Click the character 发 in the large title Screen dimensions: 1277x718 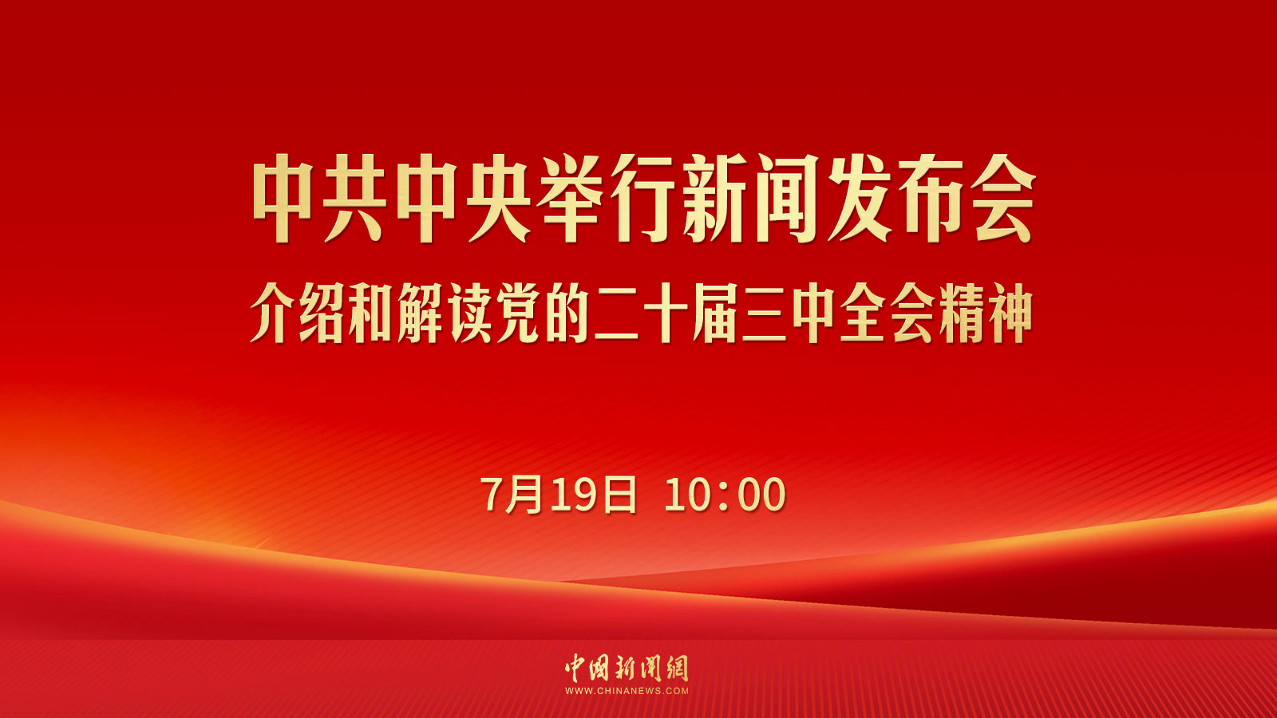[x=859, y=199]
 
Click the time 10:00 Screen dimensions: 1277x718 [x=725, y=494]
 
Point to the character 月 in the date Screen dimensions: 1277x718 [x=524, y=494]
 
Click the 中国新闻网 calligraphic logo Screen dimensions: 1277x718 [x=627, y=668]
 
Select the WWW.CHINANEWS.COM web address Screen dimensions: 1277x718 [x=627, y=691]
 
